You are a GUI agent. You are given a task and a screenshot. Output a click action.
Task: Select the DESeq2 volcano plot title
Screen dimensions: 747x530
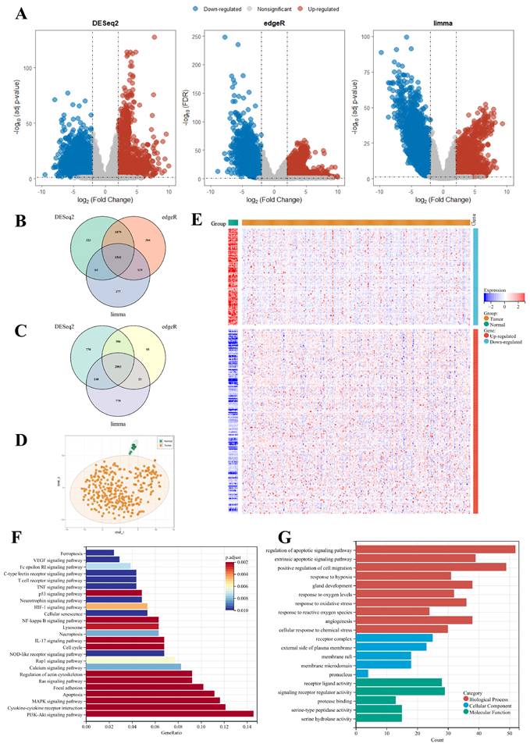click(109, 26)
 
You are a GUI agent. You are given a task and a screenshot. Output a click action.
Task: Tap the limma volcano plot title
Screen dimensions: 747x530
click(443, 26)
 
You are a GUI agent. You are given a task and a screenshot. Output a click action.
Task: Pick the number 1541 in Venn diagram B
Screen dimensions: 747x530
click(118, 256)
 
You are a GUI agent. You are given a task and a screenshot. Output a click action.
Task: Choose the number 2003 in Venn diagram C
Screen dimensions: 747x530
click(117, 366)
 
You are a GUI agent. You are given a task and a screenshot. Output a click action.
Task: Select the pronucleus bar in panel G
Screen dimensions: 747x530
click(361, 651)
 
